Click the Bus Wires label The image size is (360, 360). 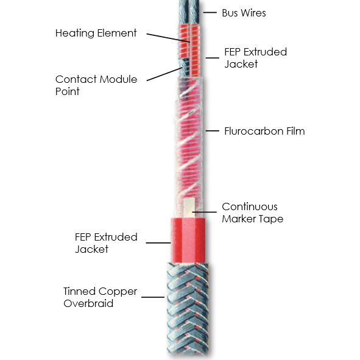point(244,13)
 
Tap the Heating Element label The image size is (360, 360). point(96,33)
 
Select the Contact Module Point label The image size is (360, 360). point(96,85)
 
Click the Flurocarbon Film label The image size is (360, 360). point(264,131)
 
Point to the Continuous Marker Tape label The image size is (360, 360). point(253,213)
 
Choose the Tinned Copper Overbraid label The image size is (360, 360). point(100,297)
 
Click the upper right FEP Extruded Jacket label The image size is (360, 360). point(256,58)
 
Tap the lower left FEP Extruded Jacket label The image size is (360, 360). point(106,243)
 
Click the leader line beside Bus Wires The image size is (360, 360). point(210,12)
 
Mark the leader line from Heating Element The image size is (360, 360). point(168,38)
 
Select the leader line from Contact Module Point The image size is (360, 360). point(164,74)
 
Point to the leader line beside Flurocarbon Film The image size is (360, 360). point(213,131)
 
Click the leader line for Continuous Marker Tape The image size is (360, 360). point(204,212)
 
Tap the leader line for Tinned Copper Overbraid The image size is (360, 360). point(153,297)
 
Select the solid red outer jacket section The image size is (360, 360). point(188,241)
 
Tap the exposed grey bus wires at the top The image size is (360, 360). point(189,12)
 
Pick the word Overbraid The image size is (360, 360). point(88,303)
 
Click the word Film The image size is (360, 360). point(295,131)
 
